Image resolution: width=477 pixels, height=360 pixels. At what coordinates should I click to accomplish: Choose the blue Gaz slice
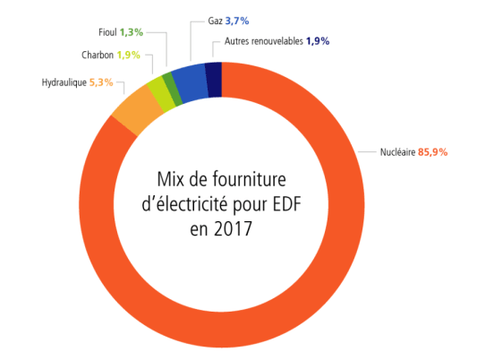(x=190, y=82)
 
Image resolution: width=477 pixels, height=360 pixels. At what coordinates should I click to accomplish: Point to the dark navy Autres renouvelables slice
(x=213, y=78)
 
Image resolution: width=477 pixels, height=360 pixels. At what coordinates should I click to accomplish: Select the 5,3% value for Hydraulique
(x=101, y=83)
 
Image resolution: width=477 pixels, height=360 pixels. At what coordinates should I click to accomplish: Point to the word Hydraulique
(x=64, y=83)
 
